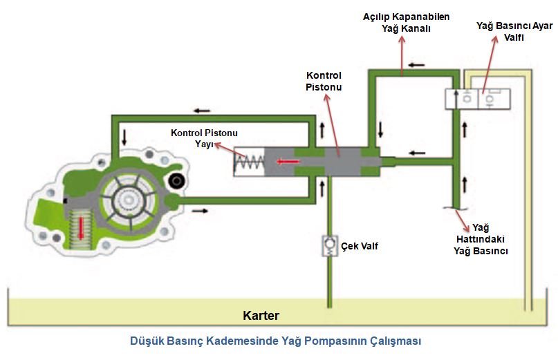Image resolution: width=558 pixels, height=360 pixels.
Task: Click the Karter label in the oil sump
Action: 261,316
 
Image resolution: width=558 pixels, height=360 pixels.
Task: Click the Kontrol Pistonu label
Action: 324,81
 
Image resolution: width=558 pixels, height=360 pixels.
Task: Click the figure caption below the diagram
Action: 275,341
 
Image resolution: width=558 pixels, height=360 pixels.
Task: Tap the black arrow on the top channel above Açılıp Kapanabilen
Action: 416,65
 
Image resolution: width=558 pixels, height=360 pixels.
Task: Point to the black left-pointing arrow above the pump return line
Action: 202,110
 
